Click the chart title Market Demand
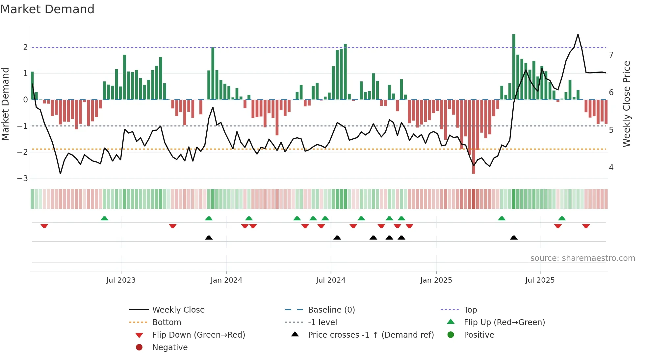tap(47, 9)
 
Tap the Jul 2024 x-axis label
tap(330, 280)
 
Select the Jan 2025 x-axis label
tap(436, 280)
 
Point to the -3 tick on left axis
tap(23, 179)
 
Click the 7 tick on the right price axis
tap(611, 55)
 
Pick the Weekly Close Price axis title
tap(627, 104)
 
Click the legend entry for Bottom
tap(167, 322)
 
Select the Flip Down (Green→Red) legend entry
tap(198, 335)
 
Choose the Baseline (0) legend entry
tap(331, 310)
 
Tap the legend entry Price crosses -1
tap(371, 335)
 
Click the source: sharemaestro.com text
tap(582, 258)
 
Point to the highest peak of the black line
tap(578, 35)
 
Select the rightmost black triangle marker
tap(514, 238)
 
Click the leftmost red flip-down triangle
tap(44, 226)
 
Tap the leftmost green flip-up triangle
tap(104, 218)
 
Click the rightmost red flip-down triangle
tap(586, 226)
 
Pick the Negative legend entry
tap(170, 347)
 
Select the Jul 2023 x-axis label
tap(121, 280)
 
